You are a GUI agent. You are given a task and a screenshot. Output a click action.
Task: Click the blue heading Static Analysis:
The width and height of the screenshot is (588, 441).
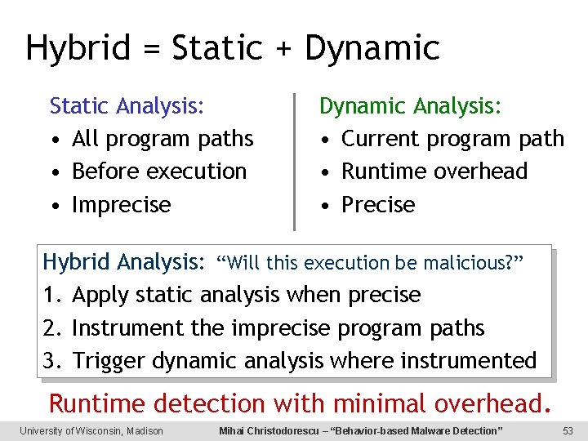(127, 106)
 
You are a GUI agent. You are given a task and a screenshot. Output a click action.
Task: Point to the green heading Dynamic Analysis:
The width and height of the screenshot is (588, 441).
(411, 106)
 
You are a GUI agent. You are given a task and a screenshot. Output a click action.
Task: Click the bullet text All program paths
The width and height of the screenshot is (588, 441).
(163, 139)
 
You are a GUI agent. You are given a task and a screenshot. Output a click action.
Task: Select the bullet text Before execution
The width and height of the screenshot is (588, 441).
(159, 171)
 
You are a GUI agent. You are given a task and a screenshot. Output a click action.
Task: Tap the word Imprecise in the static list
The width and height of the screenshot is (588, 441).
(122, 204)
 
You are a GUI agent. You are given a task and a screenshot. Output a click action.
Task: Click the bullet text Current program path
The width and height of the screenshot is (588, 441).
(452, 139)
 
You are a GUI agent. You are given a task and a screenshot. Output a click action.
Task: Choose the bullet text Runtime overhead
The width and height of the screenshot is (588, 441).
(434, 171)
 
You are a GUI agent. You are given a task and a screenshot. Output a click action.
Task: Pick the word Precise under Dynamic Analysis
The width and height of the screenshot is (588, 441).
(378, 204)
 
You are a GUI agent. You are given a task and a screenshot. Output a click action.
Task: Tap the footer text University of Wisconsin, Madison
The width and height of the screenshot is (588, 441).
(91, 431)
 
